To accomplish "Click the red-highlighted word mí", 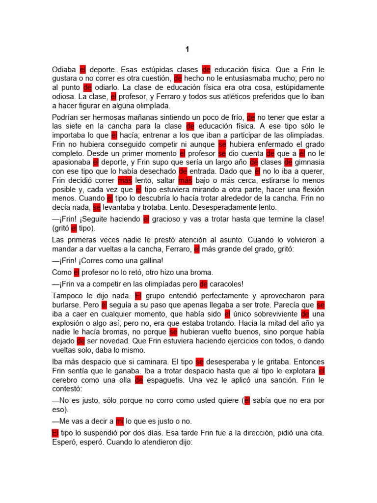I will [119, 421].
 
